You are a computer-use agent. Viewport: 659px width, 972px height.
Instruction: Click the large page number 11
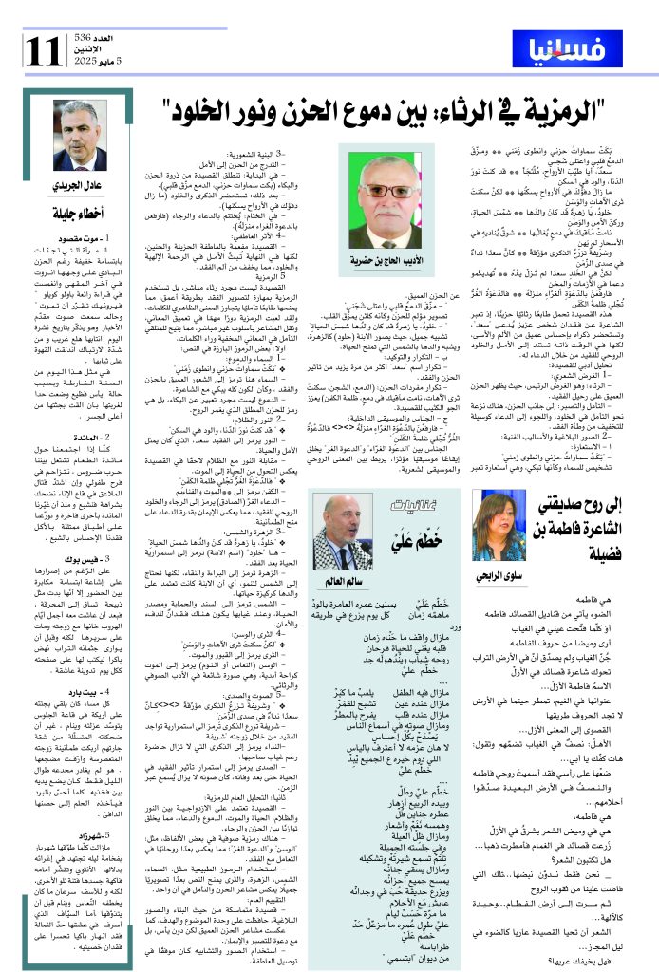[45, 48]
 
